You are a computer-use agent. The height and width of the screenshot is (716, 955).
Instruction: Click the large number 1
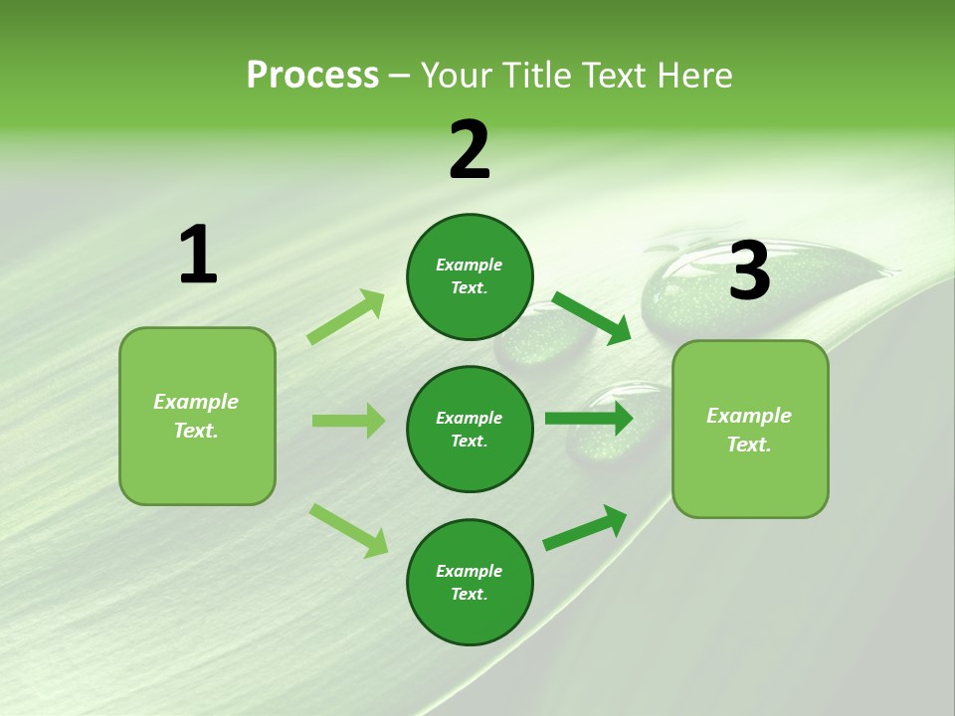pos(198,256)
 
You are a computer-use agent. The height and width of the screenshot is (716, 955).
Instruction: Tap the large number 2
pos(470,150)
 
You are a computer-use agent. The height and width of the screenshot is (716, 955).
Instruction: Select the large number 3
pos(749,271)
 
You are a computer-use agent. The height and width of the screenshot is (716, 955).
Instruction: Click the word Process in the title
pos(312,75)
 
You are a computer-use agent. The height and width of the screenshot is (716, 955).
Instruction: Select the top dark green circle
pos(470,276)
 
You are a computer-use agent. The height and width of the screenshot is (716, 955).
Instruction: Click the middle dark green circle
pos(470,429)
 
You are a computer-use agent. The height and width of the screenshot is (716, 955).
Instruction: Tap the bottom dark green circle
pos(470,583)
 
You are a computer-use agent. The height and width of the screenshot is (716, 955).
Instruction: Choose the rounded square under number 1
pos(197,416)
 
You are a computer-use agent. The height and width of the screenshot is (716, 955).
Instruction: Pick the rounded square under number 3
pos(750,430)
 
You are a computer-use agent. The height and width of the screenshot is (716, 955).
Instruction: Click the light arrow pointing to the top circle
pos(346,316)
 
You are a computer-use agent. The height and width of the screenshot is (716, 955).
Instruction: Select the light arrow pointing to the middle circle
pos(348,421)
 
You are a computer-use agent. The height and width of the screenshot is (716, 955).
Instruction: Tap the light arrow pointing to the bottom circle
pos(349,530)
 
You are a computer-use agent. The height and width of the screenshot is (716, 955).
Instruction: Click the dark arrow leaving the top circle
pos(592,318)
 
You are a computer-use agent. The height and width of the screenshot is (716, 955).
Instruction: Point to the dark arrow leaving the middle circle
pos(589,419)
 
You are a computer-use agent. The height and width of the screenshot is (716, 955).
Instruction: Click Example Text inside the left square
pos(196,416)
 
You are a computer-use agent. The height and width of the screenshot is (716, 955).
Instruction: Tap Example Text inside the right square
pos(749,430)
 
